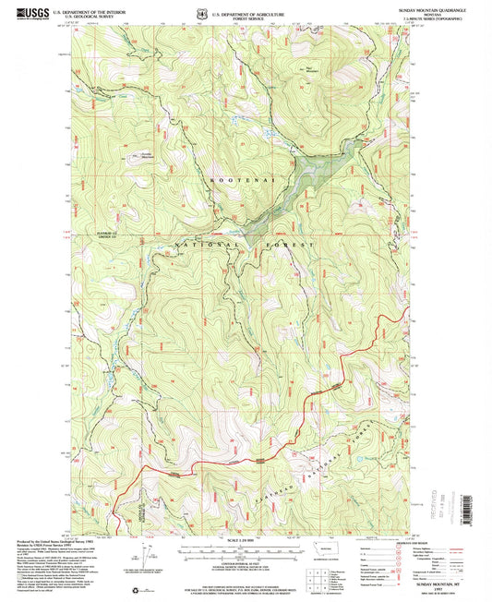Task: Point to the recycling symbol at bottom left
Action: point(140,585)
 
